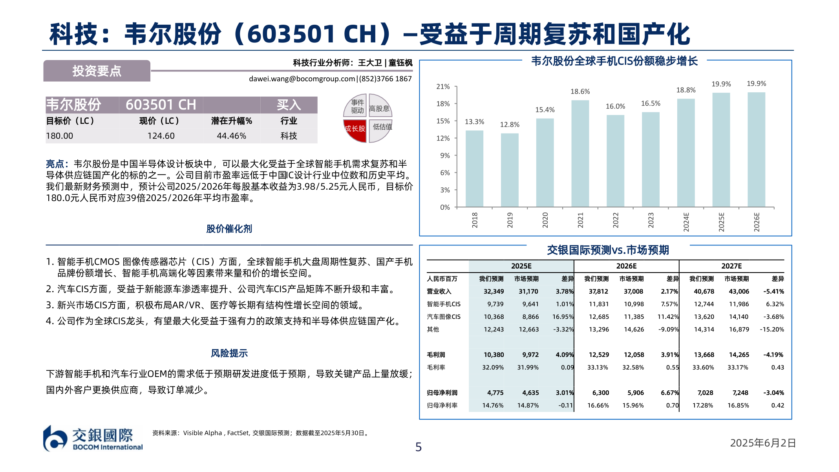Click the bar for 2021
click(580, 154)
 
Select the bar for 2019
click(510, 170)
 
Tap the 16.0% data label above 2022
click(615, 106)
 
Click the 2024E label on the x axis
click(686, 222)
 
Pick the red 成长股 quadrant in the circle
click(355, 130)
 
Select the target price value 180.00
click(60, 136)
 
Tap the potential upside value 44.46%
click(231, 136)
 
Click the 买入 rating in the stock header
click(289, 105)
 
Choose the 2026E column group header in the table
click(626, 266)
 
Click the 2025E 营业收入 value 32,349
click(494, 291)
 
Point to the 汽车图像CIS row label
click(444, 316)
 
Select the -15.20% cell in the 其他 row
click(772, 329)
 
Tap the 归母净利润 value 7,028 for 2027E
click(705, 393)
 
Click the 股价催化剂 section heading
click(229, 229)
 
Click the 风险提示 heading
click(229, 353)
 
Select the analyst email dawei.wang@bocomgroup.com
click(302, 79)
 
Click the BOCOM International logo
click(93, 439)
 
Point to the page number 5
click(419, 447)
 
